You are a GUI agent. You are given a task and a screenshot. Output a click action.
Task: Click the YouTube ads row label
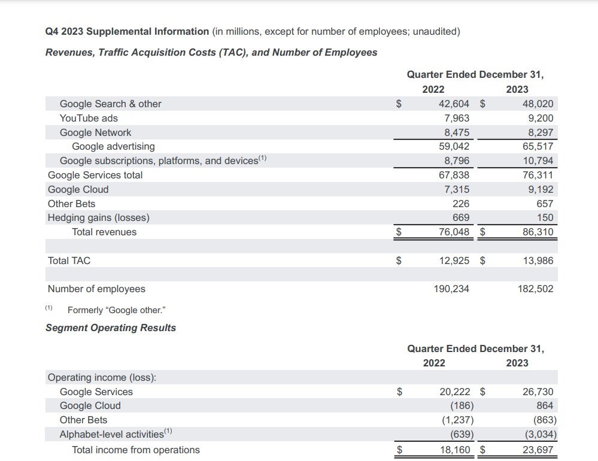coord(89,118)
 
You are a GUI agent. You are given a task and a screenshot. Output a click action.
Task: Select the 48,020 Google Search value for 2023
coord(538,104)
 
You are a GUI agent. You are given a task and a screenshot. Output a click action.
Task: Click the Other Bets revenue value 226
coord(461,204)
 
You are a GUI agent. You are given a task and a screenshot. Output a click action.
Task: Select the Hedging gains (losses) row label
coord(99,217)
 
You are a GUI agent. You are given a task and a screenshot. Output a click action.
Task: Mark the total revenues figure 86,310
coord(538,232)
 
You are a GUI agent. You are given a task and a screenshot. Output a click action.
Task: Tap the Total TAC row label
coord(69,260)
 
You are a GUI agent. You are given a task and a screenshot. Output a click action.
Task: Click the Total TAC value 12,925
coord(454,260)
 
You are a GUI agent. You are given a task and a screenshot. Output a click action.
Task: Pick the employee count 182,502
coord(535,289)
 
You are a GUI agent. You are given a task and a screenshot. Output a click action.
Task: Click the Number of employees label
coord(96,289)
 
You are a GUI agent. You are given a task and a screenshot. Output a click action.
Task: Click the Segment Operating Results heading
coord(111,327)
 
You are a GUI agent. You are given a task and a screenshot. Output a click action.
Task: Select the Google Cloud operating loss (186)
coord(462,405)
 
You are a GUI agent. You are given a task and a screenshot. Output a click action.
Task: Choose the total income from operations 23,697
coord(538,450)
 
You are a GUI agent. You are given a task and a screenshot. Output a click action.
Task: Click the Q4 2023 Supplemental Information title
coord(127,31)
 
